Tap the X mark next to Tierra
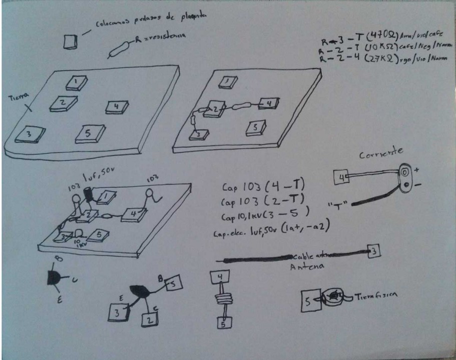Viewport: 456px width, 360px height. point(29,106)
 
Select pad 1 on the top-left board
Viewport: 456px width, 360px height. point(77,82)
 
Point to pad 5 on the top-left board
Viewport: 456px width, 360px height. point(90,133)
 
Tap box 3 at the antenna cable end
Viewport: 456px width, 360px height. point(373,251)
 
